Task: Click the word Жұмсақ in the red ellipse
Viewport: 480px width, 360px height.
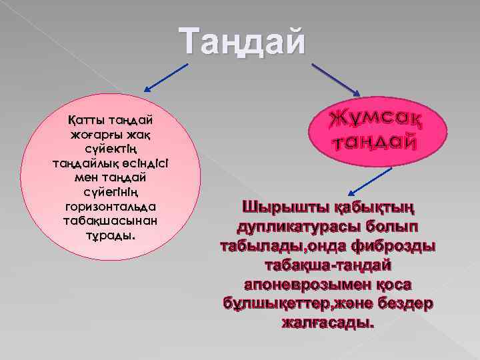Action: tap(376, 119)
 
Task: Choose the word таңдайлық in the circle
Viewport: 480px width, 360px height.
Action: tap(79, 164)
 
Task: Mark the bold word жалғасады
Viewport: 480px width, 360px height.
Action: tap(327, 323)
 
